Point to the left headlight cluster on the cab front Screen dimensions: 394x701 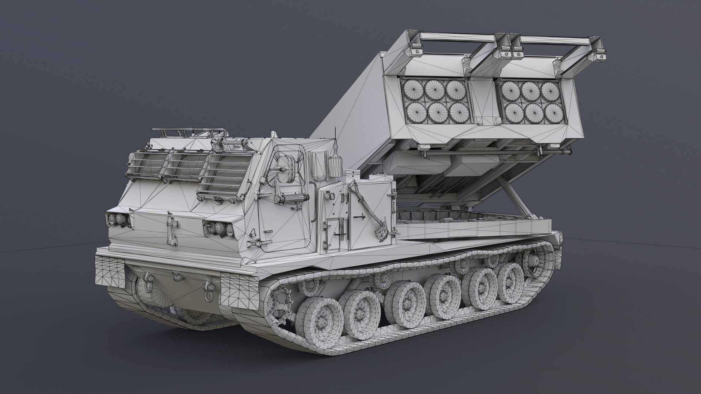(118, 219)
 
